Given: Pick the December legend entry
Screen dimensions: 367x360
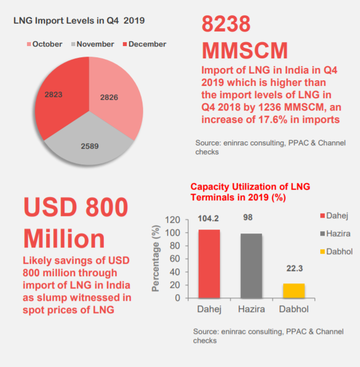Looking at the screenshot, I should tap(143, 44).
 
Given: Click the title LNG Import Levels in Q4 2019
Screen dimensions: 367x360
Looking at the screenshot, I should tap(79, 21).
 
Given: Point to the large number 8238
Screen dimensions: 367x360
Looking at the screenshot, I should tap(226, 25).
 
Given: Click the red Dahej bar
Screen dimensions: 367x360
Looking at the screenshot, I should tap(209, 264).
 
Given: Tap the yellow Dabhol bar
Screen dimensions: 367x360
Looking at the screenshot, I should tap(293, 291).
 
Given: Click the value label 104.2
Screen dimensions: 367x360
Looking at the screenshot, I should tap(209, 219).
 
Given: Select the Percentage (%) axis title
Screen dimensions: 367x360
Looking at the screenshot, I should tap(156, 259).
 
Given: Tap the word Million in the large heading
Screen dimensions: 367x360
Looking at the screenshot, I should tap(64, 238).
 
